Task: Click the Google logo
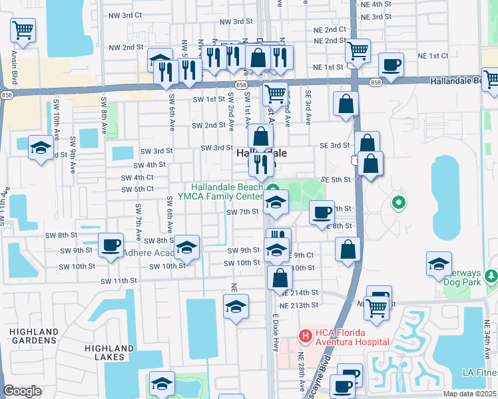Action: [22, 391]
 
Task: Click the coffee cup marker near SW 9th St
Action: [110, 244]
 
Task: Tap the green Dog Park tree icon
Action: [491, 275]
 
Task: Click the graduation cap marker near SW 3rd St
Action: [41, 148]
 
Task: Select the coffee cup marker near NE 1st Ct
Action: [391, 65]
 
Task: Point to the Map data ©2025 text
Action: [469, 394]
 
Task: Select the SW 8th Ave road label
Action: [104, 113]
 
